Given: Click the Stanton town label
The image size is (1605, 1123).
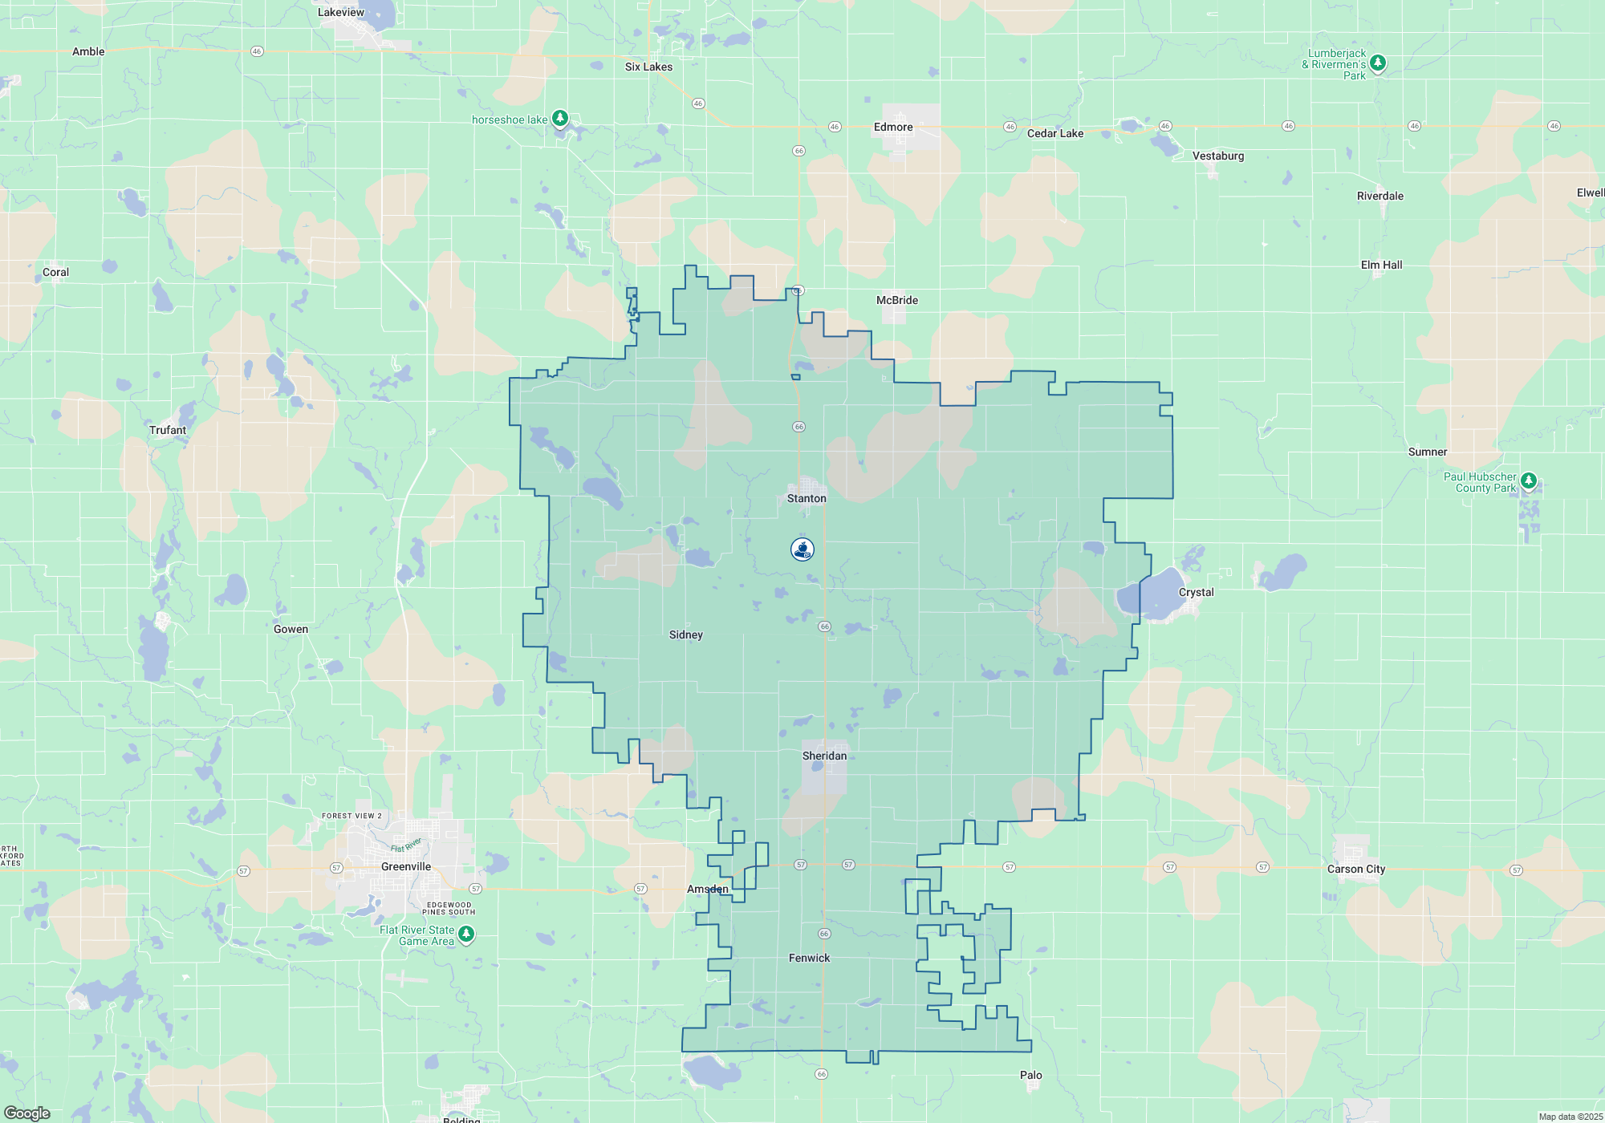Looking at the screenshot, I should [807, 498].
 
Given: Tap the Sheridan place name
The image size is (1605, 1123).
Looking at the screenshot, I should [824, 756].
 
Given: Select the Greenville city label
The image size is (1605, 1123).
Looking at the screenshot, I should [406, 866].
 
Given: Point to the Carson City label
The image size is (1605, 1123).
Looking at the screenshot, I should [1356, 869].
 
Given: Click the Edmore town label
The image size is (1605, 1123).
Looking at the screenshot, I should [893, 127].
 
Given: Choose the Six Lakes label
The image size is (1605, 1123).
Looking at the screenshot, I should [648, 67].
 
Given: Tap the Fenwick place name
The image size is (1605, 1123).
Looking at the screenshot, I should [809, 958].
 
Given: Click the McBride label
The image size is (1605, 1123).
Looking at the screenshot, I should [897, 300].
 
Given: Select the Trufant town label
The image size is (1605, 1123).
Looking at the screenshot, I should [168, 430].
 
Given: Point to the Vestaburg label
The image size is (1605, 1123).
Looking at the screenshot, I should [1218, 156].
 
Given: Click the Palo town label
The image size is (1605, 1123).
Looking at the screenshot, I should [1031, 1075].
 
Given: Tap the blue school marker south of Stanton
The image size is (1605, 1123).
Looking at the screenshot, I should [802, 549].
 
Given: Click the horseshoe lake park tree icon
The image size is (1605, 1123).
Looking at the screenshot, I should [560, 119].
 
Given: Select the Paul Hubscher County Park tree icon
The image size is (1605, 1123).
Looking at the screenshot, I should [1529, 481].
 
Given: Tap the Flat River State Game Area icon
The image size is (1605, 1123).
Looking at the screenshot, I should [466, 934].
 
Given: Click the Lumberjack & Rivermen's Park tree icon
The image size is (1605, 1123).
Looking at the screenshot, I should [1378, 63].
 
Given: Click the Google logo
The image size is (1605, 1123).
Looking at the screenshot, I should [27, 1113].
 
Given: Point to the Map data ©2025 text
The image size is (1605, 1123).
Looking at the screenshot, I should [1570, 1117].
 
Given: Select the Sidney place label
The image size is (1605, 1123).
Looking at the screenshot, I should [686, 634].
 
